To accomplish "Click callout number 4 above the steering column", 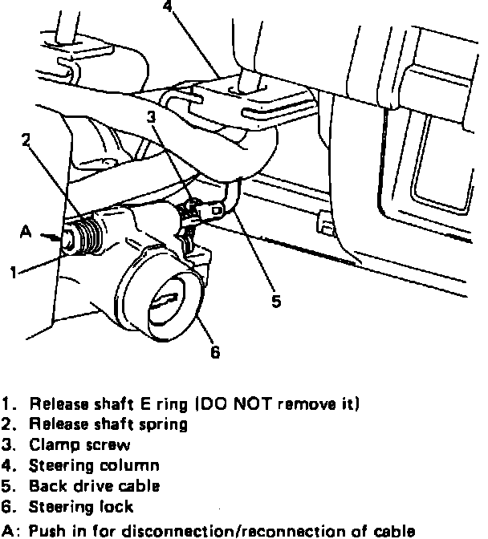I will [166, 6].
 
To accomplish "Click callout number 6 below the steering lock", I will [214, 351].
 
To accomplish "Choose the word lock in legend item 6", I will [117, 506].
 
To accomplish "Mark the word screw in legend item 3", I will [108, 444].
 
